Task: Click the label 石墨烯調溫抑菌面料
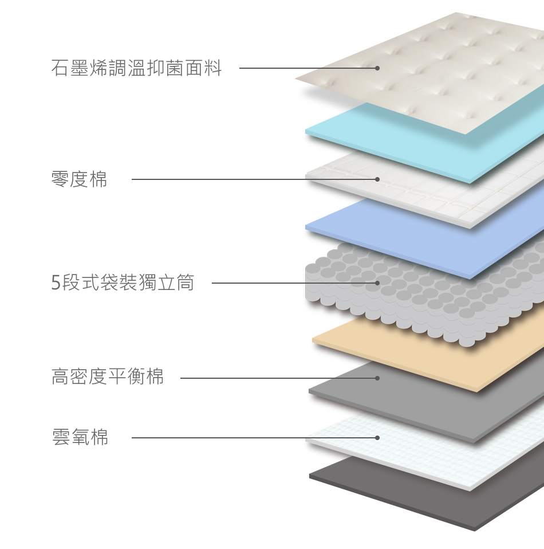pos(136,69)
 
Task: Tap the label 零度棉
pos(79,180)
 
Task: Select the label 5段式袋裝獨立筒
pos(123,283)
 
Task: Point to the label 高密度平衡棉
pos(108,377)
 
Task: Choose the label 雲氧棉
pos(80,438)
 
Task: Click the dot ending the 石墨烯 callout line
pos(377,68)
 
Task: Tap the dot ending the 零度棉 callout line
pos(377,179)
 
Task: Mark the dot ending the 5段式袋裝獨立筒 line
pos(377,283)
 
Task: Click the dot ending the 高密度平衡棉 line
pos(377,378)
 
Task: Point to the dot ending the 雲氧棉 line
pos(377,438)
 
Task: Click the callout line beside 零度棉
pos(252,179)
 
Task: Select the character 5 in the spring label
pos(56,283)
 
